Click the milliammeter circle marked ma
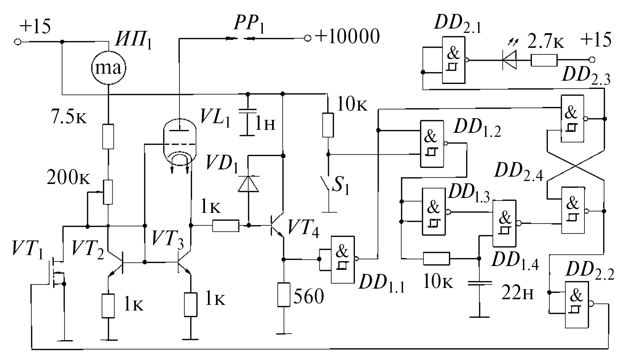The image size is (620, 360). pyautogui.click(x=109, y=68)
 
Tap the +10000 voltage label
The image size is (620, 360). pyautogui.click(x=347, y=37)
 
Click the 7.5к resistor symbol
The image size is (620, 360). pyautogui.click(x=108, y=136)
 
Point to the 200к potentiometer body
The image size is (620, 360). pyautogui.click(x=108, y=192)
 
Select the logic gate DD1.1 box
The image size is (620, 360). pyautogui.click(x=343, y=259)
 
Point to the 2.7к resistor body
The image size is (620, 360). pyautogui.click(x=544, y=60)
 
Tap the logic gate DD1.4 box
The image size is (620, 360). pyautogui.click(x=504, y=223)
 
